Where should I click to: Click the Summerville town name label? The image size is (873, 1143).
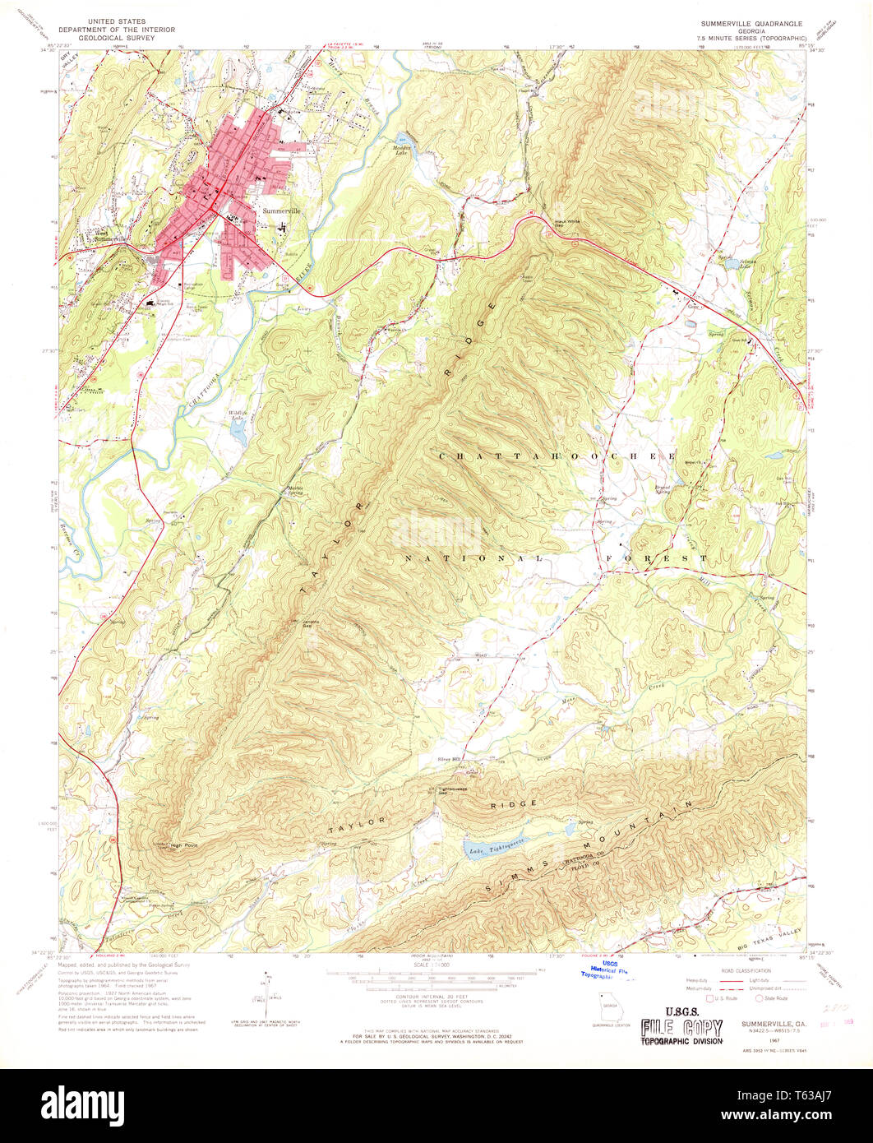coord(282,211)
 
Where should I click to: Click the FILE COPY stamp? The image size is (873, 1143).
coord(682,1027)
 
